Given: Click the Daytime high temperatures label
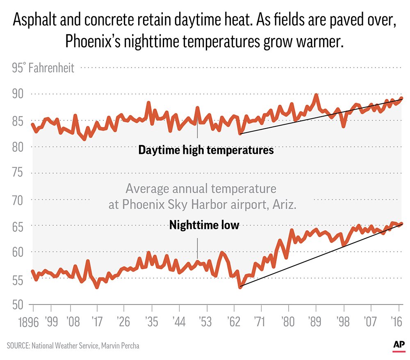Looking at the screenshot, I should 206,150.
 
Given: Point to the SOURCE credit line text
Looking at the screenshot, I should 73,346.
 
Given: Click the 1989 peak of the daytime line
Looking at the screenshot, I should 316,95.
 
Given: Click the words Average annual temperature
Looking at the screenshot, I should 201,189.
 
